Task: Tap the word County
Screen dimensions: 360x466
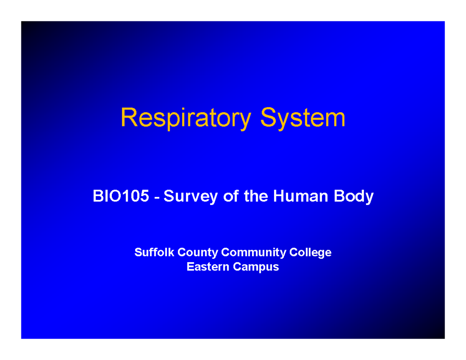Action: coord(198,253)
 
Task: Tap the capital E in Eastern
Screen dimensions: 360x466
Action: coord(190,267)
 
